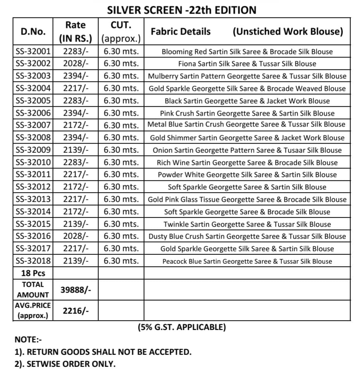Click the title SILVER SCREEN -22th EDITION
click(182, 10)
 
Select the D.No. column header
click(33, 31)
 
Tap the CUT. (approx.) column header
click(121, 32)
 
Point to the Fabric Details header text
click(181, 31)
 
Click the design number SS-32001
click(33, 51)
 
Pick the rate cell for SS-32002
click(76, 64)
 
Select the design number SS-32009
click(33, 150)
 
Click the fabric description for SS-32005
click(247, 101)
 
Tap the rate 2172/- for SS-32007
click(76, 125)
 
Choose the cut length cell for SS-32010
click(121, 162)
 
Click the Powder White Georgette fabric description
click(247, 175)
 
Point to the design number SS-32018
click(33, 261)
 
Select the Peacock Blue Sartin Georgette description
click(247, 261)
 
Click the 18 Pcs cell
click(33, 273)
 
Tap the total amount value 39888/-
click(76, 289)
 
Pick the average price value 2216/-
click(76, 310)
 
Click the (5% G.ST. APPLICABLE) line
click(182, 327)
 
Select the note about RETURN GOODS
click(103, 352)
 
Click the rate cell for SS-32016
click(76, 236)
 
